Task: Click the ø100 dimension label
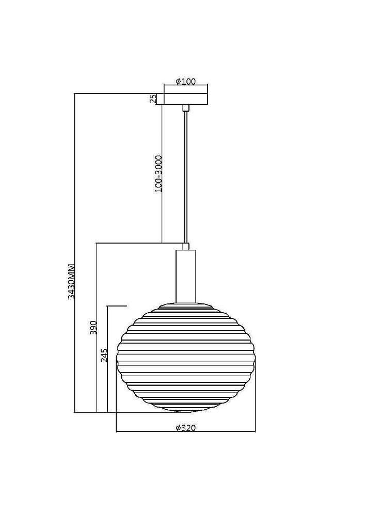point(186,82)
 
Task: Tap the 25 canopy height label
point(153,99)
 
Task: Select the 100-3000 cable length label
point(158,173)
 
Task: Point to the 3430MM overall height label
point(71,281)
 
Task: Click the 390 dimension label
point(93,328)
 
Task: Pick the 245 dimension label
point(104,355)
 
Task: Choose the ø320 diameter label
point(186,428)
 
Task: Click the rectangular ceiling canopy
point(186,99)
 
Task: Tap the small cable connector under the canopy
point(186,108)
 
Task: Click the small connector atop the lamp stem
point(186,246)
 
